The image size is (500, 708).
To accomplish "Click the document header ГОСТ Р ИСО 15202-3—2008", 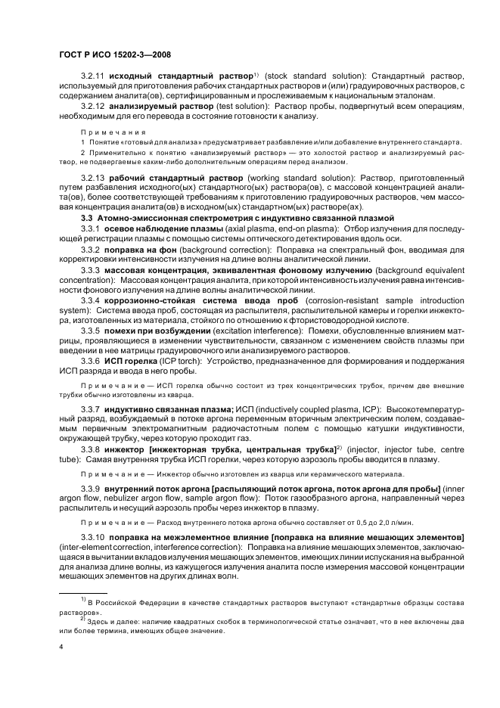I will tap(113, 56).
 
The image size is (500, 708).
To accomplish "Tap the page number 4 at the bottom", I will tap(61, 647).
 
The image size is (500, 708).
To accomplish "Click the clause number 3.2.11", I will tap(94, 77).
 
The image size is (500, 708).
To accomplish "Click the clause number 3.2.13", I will tap(94, 178).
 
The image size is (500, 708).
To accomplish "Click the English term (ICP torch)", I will tap(186, 362).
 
